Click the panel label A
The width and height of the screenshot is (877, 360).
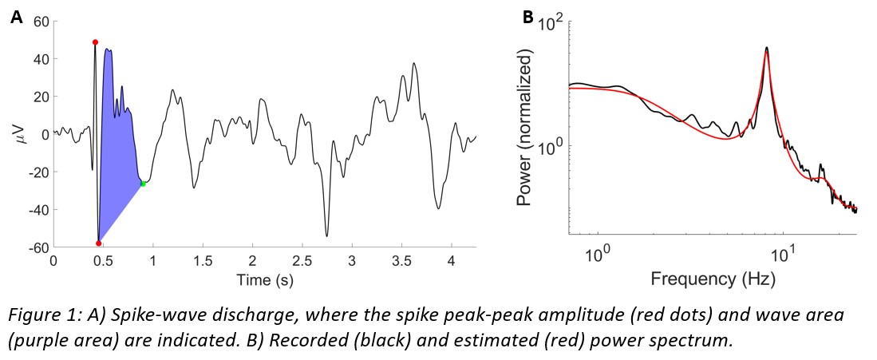(16, 15)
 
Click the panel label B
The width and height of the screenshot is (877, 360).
(527, 15)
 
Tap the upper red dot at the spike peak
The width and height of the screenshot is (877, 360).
(95, 42)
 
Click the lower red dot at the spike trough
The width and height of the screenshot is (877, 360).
(99, 243)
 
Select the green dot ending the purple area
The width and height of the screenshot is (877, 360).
(144, 184)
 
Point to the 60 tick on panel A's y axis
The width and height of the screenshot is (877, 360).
(40, 20)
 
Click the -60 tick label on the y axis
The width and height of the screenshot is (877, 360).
(37, 248)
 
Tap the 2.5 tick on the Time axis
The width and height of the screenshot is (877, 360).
(302, 261)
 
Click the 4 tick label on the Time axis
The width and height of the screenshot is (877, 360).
(451, 261)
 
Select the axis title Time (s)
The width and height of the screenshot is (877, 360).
(265, 280)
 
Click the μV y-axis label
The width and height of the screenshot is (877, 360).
(22, 134)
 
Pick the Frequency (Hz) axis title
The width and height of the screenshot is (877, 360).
(712, 279)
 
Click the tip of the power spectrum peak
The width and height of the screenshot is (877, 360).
(767, 47)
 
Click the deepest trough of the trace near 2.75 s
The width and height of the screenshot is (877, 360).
(326, 236)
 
